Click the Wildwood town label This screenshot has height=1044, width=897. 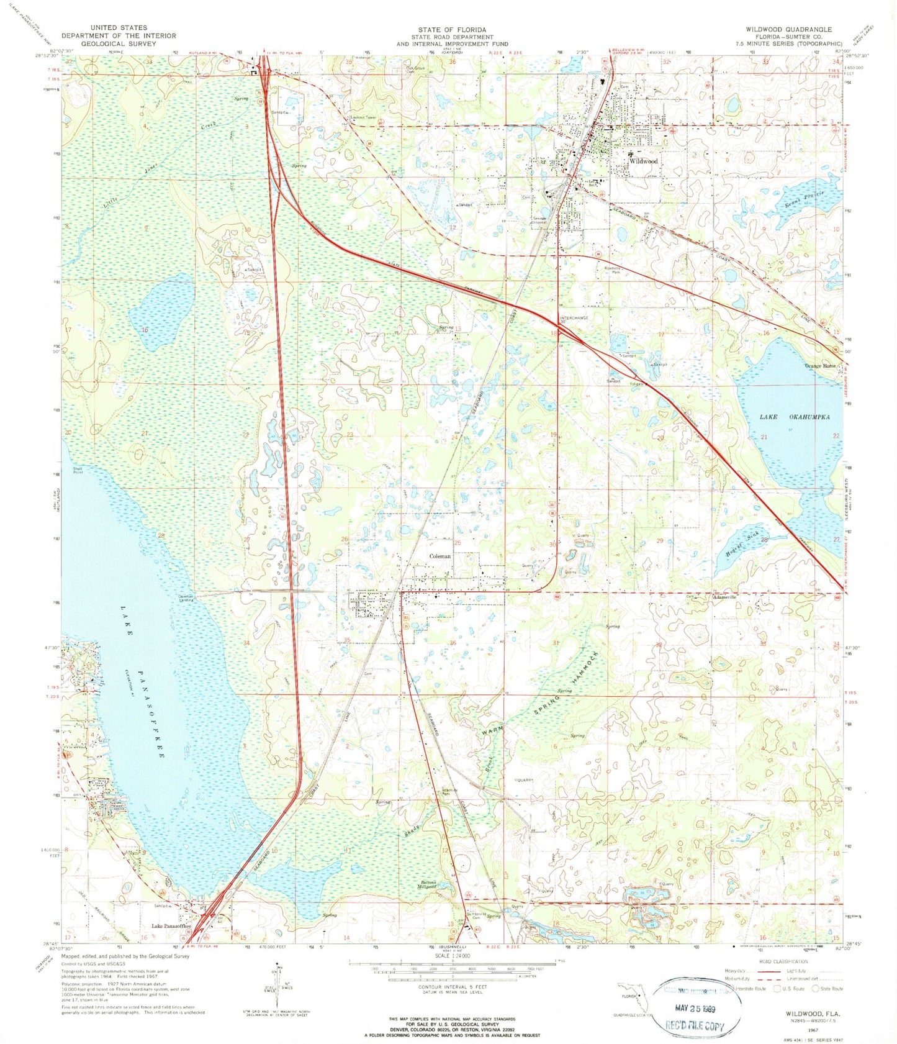tap(643, 161)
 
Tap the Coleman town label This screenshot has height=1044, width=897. tap(440, 556)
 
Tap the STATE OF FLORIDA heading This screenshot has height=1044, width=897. tap(451, 29)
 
